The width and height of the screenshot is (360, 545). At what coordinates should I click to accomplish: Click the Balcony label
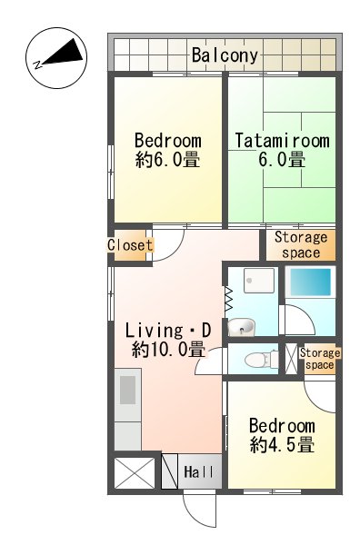click(x=225, y=55)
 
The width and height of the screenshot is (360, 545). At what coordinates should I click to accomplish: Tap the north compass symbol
click(x=56, y=57)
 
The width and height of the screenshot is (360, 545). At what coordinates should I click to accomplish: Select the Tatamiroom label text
click(x=282, y=141)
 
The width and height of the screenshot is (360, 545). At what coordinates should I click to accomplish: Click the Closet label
click(x=130, y=245)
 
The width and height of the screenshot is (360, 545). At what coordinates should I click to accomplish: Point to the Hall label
click(x=198, y=472)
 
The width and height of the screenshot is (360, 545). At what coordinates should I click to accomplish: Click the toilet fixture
click(x=262, y=359)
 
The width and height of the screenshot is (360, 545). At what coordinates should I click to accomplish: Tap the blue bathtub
click(x=311, y=282)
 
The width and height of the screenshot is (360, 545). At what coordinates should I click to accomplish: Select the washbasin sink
click(x=242, y=327)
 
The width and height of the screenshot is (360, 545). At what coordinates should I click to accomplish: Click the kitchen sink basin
click(x=127, y=390)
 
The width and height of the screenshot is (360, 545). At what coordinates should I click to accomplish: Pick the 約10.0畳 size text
click(x=168, y=350)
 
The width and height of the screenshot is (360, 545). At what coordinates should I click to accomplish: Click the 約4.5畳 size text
click(x=282, y=445)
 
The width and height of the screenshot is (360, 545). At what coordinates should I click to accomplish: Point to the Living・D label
click(x=168, y=331)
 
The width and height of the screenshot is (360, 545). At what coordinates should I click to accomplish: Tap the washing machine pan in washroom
click(x=259, y=280)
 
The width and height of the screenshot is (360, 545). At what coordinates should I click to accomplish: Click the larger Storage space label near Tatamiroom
click(x=301, y=245)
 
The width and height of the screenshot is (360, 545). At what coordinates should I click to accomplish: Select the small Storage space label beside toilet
click(x=320, y=359)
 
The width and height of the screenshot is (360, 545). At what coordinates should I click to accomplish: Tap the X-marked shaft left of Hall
click(x=135, y=473)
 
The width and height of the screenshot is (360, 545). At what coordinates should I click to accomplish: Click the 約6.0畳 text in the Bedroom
click(x=168, y=160)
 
